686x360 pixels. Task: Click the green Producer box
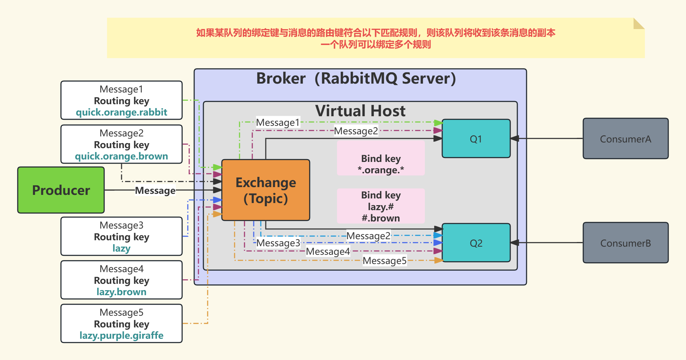pyautogui.click(x=61, y=190)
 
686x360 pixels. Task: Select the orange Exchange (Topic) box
pyautogui.click(x=266, y=190)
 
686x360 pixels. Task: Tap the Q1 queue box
pyautogui.click(x=476, y=139)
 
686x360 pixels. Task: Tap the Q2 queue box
pyautogui.click(x=476, y=243)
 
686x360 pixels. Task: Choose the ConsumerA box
pyautogui.click(x=625, y=139)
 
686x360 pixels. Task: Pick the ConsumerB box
pyautogui.click(x=625, y=243)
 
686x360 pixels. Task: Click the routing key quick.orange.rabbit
pyautogui.click(x=122, y=112)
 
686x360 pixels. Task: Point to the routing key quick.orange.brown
pyautogui.click(x=122, y=156)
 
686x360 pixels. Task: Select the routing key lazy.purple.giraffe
pyautogui.click(x=122, y=336)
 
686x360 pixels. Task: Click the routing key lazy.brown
pyautogui.click(x=122, y=292)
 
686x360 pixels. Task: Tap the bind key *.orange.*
pyautogui.click(x=381, y=170)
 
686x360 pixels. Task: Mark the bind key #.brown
pyautogui.click(x=381, y=218)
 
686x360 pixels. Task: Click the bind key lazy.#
pyautogui.click(x=381, y=207)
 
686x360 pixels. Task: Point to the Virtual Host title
pyautogui.click(x=360, y=111)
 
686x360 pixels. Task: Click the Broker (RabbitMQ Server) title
pyautogui.click(x=356, y=78)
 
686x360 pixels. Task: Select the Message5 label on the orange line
pyautogui.click(x=384, y=261)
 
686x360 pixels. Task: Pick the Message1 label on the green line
pyautogui.click(x=278, y=123)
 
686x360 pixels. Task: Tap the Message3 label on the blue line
pyautogui.click(x=278, y=243)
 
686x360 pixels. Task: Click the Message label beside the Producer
pyautogui.click(x=155, y=191)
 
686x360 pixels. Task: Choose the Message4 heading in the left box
pyautogui.click(x=122, y=269)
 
